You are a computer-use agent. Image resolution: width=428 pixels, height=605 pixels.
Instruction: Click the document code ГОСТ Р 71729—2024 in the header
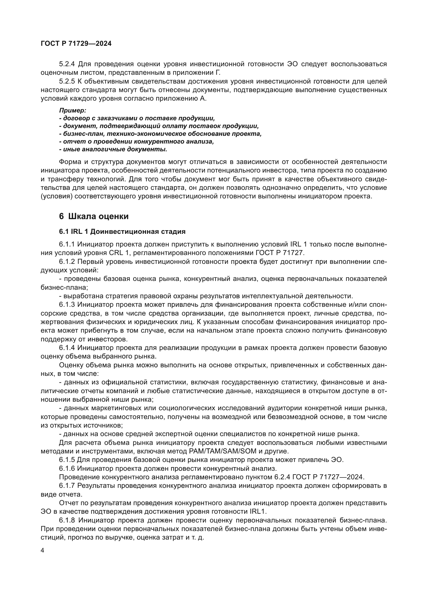coord(76,44)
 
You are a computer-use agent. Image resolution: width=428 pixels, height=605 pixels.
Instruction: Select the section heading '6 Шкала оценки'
coord(94,216)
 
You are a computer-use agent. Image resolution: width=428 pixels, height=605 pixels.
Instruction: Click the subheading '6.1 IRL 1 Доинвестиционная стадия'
coord(122,231)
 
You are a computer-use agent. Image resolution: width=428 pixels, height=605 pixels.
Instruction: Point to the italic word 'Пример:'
coord(73,110)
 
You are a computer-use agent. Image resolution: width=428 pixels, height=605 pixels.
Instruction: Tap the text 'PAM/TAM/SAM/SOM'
coord(223,451)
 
